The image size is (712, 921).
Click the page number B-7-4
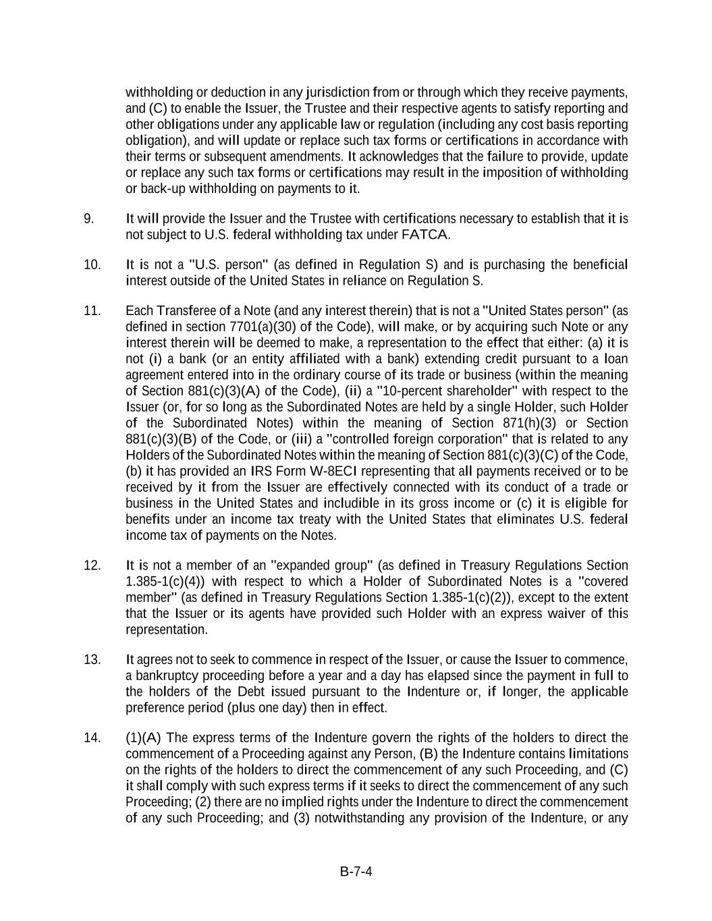356,872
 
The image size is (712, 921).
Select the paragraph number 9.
88,219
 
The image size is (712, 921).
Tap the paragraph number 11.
92,310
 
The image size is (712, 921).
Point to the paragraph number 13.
92,659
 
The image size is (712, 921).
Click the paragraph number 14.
92,737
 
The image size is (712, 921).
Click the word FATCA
425,235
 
